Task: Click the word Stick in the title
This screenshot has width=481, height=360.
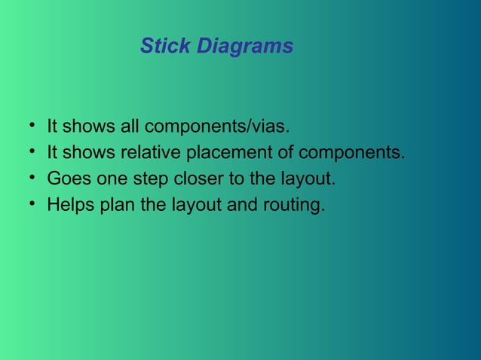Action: (166, 47)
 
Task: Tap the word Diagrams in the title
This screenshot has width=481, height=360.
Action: (245, 47)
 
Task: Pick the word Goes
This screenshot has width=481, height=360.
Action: (66, 178)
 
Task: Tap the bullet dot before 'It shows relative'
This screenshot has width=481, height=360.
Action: (34, 151)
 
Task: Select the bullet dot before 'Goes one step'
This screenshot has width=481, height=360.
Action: (34, 178)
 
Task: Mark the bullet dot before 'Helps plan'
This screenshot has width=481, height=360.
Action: (34, 204)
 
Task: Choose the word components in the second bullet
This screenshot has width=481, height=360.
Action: (352, 152)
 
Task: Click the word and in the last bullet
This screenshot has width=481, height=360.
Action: (241, 205)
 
